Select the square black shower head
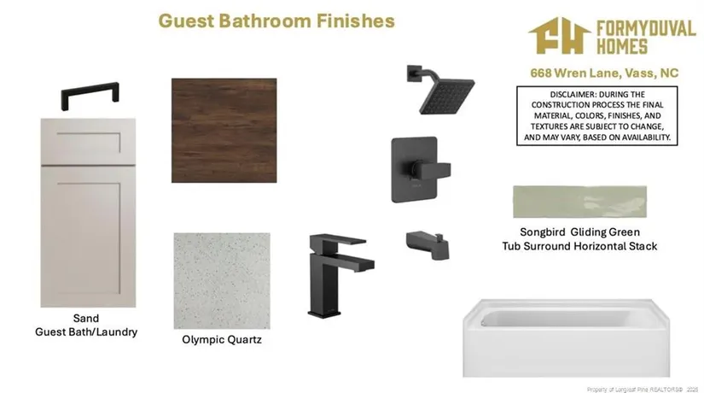tap(445, 93)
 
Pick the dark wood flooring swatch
tap(224, 131)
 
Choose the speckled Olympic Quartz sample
tap(222, 280)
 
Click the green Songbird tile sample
tap(579, 202)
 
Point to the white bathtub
tap(566, 337)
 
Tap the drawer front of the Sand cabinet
tap(88, 142)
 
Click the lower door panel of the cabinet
tap(88, 237)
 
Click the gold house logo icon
tap(560, 36)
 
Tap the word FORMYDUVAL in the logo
tap(646, 29)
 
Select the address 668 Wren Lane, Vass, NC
tap(604, 73)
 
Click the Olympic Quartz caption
tap(222, 339)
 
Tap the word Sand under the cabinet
tap(85, 319)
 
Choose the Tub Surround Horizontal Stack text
tap(579, 246)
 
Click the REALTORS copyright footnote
tap(643, 390)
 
